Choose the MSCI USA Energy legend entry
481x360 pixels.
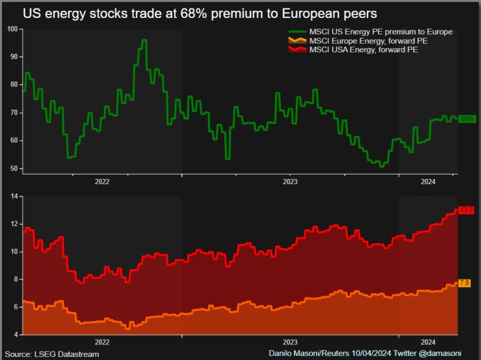tap(363, 50)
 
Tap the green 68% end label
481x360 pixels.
tap(467, 119)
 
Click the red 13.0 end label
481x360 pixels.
tap(467, 210)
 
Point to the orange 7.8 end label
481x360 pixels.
tap(464, 283)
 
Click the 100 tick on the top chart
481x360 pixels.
tap(12, 29)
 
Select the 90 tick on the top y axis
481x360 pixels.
tap(14, 57)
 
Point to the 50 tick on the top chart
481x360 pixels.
tap(14, 169)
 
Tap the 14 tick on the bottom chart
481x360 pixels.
tap(14, 196)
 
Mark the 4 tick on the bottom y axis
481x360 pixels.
tap(16, 334)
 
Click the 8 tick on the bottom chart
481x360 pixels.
tap(16, 279)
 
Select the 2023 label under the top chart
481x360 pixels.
tap(290, 181)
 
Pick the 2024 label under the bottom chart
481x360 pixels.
tap(428, 342)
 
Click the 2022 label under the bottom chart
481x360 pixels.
tap(102, 342)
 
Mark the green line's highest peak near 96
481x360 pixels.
tap(144, 40)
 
